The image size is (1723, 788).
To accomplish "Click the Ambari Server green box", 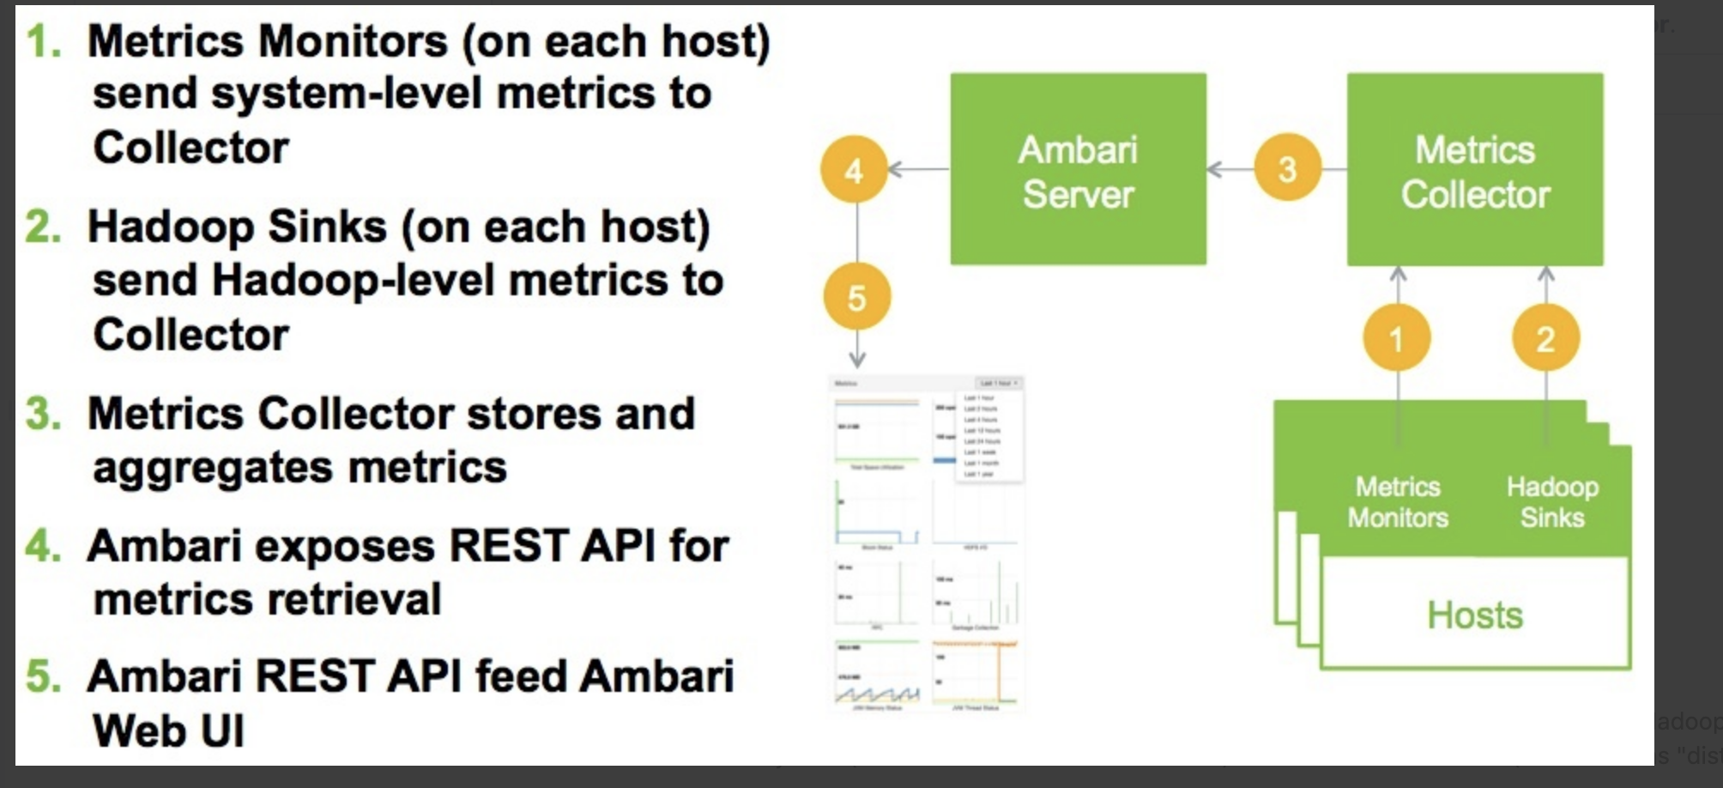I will [1078, 169].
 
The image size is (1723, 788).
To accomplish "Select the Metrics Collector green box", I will [1474, 169].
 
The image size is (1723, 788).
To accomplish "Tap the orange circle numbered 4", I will [853, 170].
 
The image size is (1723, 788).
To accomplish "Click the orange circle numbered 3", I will [1287, 168].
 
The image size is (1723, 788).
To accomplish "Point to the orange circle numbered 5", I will [856, 297].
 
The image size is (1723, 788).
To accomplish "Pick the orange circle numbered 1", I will [1396, 338].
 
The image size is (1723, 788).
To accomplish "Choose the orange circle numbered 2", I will [1545, 338].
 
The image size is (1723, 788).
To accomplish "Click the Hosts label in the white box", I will [1474, 615].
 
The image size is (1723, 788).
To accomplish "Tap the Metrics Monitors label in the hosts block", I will [1397, 502].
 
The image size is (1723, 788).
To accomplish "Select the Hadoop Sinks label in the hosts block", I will [1551, 502].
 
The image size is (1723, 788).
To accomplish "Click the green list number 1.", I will [43, 41].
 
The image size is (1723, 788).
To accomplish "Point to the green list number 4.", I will [43, 546].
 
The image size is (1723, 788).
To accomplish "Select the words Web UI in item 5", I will [168, 731].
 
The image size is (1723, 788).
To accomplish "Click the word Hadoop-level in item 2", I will [354, 281].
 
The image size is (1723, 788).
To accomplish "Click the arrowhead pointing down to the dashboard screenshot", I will [856, 359].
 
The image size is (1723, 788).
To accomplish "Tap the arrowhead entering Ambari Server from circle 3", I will [1214, 169].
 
